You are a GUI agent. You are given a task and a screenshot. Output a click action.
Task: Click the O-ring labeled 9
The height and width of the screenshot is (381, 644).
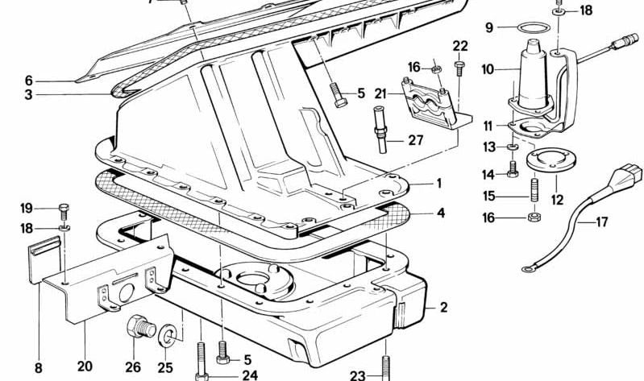(x=534, y=24)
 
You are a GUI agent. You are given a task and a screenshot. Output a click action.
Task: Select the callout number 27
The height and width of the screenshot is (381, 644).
(x=416, y=140)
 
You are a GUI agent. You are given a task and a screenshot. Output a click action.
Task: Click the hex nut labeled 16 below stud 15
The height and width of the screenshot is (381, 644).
(x=534, y=217)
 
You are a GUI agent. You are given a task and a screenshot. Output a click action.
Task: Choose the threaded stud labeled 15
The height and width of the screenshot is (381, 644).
(x=534, y=189)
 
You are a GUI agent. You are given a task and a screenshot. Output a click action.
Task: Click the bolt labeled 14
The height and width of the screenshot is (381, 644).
(x=513, y=169)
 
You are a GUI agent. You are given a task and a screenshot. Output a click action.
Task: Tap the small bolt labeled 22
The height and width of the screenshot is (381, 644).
(x=459, y=68)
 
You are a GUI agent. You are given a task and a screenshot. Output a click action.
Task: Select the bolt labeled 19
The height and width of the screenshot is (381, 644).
(x=64, y=211)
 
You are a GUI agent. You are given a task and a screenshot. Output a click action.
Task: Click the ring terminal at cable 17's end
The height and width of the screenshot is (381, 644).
(x=527, y=269)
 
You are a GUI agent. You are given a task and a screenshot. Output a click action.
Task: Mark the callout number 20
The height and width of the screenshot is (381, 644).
(x=85, y=366)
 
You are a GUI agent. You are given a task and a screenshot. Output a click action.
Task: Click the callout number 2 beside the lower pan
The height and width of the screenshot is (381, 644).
(x=443, y=308)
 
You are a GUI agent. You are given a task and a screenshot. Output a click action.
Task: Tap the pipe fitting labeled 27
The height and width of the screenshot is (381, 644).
(x=380, y=130)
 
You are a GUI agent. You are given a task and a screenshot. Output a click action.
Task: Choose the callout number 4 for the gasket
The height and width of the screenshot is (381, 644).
(x=441, y=213)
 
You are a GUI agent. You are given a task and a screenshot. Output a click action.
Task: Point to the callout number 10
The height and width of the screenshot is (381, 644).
(x=488, y=70)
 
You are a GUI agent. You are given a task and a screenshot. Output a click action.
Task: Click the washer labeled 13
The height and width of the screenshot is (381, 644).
(x=513, y=147)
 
